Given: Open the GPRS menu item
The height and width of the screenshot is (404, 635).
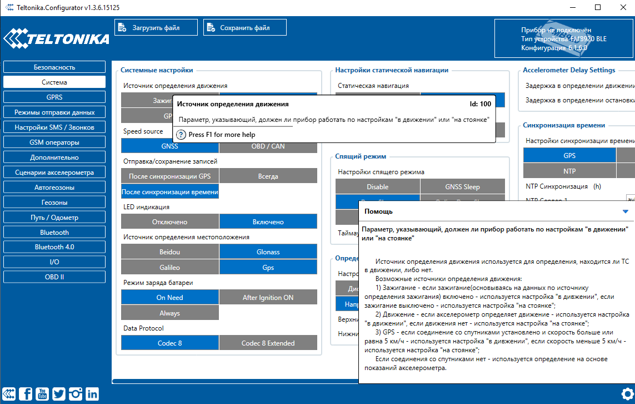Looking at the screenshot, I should pos(54,97).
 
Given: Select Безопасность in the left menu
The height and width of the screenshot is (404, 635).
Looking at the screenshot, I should pos(54,67).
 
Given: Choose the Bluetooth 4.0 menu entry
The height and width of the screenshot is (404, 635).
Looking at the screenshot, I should pos(54,247).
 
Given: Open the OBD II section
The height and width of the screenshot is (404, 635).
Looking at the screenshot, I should pos(54,277).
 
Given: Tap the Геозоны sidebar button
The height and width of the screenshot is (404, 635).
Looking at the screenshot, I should pos(54,202).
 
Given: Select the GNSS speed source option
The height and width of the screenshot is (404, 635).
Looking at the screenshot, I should pos(169,146).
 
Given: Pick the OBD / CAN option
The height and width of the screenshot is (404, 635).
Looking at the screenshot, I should pos(268,146).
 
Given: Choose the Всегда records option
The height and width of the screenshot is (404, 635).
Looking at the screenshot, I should pos(268,176).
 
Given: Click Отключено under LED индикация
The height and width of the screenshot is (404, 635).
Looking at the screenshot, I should pos(169,222).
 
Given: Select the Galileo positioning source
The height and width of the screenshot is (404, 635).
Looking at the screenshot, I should pos(169,267).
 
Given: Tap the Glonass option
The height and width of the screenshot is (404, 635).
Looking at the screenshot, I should pos(268,252).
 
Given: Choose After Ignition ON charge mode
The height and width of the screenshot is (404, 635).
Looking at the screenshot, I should pos(268,298).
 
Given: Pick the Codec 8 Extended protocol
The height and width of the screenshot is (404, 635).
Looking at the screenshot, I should pos(268,343).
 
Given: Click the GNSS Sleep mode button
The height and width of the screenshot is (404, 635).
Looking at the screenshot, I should pos(462,187).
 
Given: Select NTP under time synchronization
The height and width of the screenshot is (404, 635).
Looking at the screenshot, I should pos(569,171).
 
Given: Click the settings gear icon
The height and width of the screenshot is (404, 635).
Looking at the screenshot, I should pos(627,393).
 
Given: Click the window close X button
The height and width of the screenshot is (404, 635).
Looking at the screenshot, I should pos(622,7).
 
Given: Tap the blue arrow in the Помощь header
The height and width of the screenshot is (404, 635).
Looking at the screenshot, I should pos(626,211).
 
